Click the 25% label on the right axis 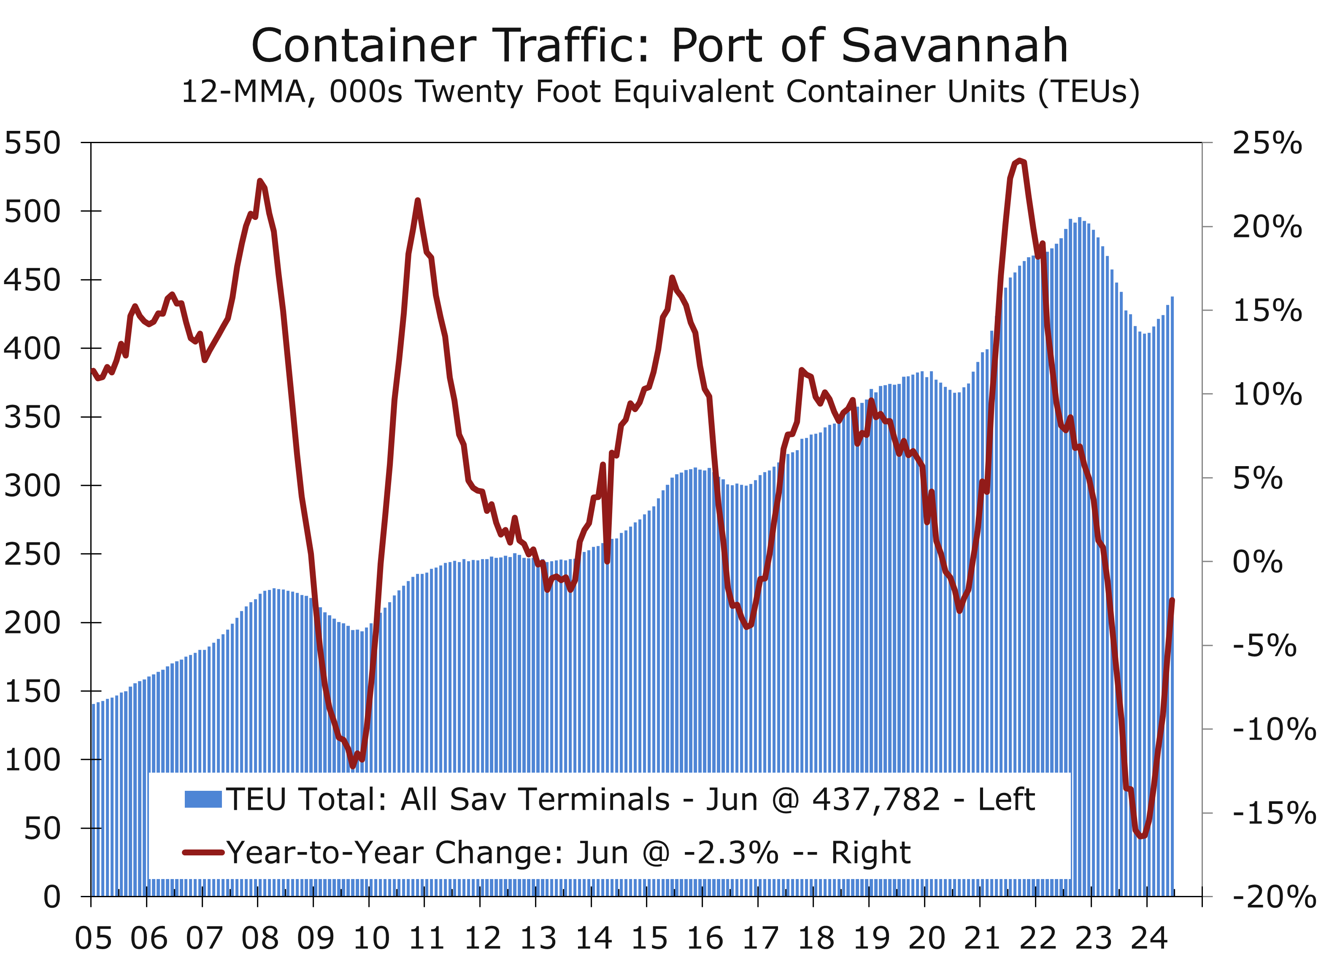coord(1267,143)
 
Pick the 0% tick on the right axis coord(1257,562)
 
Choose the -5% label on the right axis coord(1264,646)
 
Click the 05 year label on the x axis coord(93,938)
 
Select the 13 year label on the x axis coord(538,938)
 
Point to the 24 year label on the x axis coord(1148,938)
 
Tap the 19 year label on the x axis coord(871,938)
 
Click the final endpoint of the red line coord(1172,600)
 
